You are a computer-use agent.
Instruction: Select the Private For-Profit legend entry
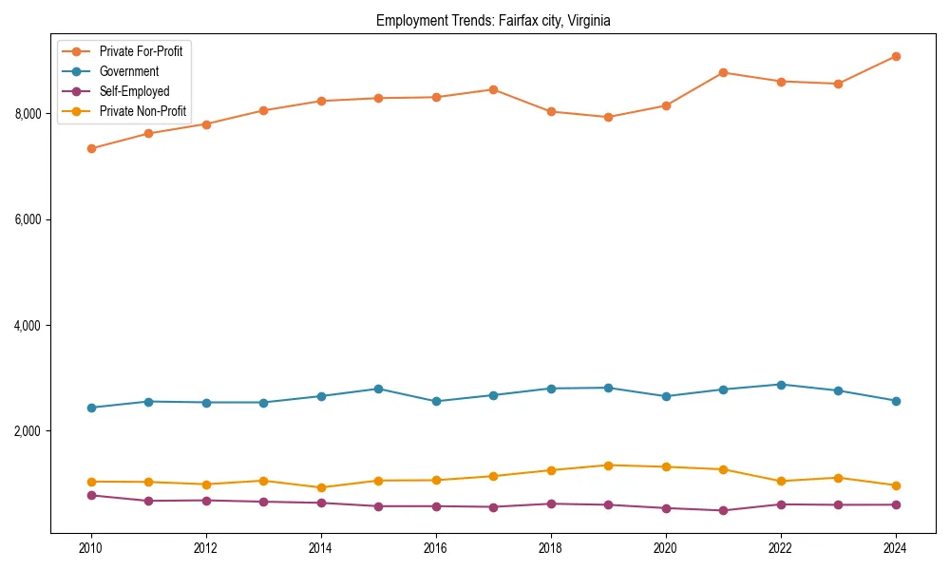click(141, 51)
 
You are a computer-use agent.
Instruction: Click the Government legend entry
click(128, 71)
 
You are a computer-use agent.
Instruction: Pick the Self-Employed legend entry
click(134, 91)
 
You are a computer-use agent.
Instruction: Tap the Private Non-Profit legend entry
click(142, 111)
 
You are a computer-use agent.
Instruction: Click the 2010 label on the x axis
click(91, 548)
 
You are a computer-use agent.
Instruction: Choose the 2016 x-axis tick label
click(436, 548)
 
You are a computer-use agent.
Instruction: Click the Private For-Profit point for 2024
click(896, 56)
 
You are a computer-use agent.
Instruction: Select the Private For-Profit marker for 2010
click(91, 148)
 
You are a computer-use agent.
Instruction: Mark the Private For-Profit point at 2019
click(608, 117)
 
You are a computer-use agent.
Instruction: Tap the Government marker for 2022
click(781, 385)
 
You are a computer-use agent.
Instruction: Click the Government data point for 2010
click(91, 408)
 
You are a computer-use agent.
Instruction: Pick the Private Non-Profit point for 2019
click(608, 465)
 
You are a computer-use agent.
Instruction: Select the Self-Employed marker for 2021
click(723, 510)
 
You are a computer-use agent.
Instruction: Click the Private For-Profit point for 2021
click(723, 72)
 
